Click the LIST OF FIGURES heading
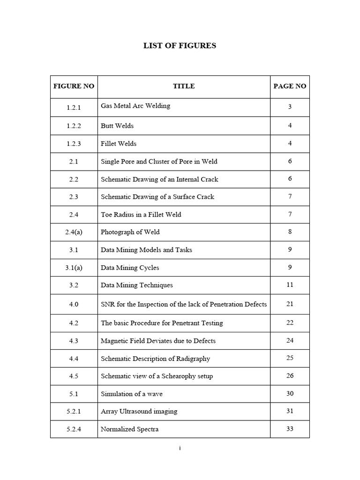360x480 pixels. coord(180,46)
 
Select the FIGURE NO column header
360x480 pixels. coord(74,86)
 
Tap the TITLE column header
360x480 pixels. coord(184,86)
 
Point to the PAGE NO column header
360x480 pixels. coord(290,86)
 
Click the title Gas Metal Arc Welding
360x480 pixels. coord(135,106)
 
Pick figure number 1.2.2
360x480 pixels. coord(74,126)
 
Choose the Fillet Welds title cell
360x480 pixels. coord(119,144)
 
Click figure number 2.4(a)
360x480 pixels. coord(74,232)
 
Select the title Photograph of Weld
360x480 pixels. coord(127,232)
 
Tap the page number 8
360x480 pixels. coord(290,232)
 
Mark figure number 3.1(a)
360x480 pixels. coord(74,268)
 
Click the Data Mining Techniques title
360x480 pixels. coord(137,285)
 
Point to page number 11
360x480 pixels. coord(290,285)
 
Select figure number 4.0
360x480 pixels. coord(74,304)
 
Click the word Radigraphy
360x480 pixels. coord(194,359)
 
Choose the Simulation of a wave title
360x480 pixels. coord(132,394)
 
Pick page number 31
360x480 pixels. coord(290,411)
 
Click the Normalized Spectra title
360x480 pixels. coord(130,429)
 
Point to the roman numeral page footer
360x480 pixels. coord(180,449)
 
